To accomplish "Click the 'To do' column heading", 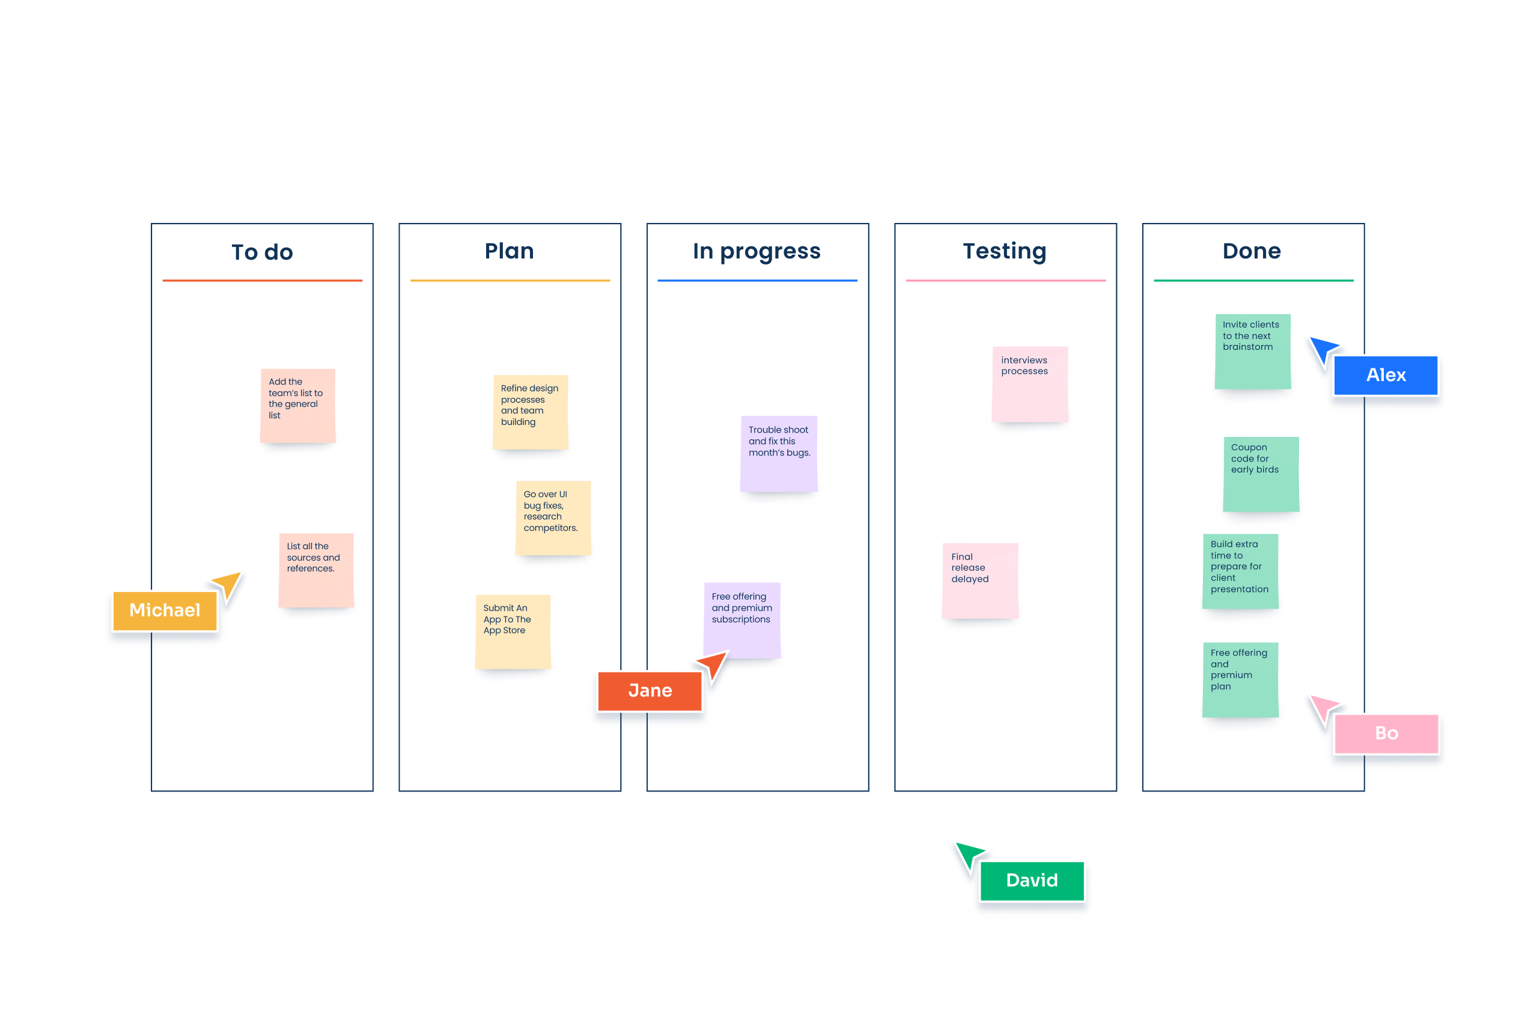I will pos(262,252).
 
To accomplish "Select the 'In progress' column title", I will pos(756,251).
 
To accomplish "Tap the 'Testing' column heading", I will pos(1004,251).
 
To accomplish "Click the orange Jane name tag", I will pos(650,690).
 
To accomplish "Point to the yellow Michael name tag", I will pos(165,611).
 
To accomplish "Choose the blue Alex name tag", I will pos(1385,376).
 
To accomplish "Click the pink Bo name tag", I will pos(1386,733).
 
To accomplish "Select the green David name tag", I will pos(1031,880).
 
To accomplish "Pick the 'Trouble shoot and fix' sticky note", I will pos(779,454).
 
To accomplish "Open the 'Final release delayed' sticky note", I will pos(979,580).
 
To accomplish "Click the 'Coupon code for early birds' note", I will pos(1260,474).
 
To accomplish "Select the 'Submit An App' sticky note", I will pos(513,631).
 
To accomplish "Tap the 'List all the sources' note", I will pos(316,570).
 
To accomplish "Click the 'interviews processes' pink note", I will pos(1029,384).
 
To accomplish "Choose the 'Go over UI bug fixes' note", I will pos(553,517).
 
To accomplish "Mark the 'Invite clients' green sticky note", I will pos(1252,351).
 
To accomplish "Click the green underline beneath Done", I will pos(1253,280).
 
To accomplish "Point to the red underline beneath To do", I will pos(262,280).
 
